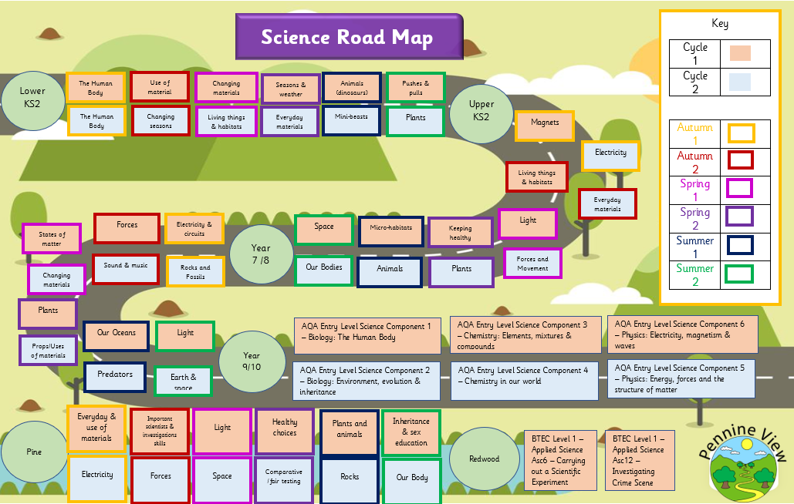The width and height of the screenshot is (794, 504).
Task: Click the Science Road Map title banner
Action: [x=349, y=36]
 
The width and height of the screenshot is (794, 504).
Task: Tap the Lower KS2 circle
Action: [x=33, y=99]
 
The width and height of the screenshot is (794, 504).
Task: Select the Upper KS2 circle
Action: [x=481, y=110]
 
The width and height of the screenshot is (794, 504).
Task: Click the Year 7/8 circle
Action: [x=261, y=254]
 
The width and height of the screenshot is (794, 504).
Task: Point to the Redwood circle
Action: [x=484, y=459]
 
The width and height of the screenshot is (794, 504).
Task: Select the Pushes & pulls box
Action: [x=415, y=88]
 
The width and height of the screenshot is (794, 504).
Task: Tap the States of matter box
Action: [x=52, y=238]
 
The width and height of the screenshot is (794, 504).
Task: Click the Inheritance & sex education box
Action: [x=411, y=432]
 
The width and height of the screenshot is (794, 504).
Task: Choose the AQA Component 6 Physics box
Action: [x=682, y=334]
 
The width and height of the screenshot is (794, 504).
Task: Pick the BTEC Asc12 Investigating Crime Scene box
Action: [x=639, y=460]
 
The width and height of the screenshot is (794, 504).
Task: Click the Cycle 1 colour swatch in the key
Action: [x=739, y=53]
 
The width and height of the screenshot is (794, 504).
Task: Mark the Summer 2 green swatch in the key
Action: [x=740, y=274]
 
